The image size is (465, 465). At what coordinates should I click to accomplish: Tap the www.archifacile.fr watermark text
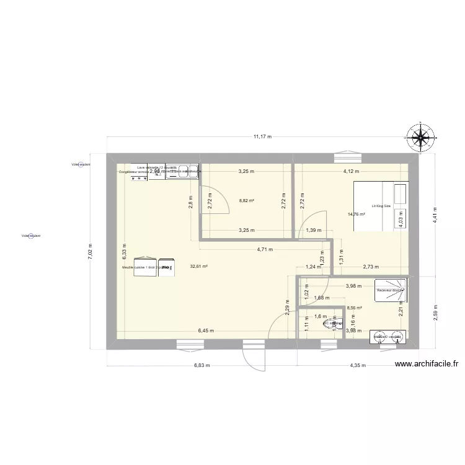click(426, 365)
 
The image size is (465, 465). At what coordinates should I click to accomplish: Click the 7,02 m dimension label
click(91, 251)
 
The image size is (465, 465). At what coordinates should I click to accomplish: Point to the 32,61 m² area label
click(198, 267)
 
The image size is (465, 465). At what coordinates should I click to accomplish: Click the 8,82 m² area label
click(247, 201)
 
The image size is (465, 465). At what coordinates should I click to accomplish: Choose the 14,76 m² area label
click(356, 215)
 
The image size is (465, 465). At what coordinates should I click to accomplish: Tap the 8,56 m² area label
click(355, 308)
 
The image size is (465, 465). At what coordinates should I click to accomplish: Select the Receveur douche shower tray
click(391, 290)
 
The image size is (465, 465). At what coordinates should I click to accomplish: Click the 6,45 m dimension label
click(204, 331)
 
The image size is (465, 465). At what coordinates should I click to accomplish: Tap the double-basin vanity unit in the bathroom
click(387, 337)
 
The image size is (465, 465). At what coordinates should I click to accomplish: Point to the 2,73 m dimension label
click(370, 267)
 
